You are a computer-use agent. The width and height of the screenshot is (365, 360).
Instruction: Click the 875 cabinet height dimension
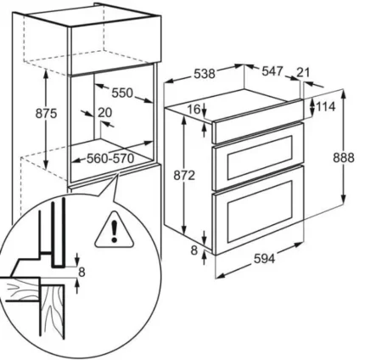point(46,114)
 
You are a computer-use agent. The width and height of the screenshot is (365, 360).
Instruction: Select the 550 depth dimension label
point(122,93)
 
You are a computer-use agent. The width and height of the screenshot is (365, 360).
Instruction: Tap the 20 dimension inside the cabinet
point(104,112)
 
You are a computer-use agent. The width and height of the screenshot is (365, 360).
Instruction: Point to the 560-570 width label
point(110,159)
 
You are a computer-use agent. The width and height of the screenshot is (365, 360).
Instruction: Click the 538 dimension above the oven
point(205,74)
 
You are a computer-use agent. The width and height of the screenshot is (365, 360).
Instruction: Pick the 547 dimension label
point(272,71)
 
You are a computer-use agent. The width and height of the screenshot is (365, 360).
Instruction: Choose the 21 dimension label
point(303,72)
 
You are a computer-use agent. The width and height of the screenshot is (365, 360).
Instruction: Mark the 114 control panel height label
point(325,107)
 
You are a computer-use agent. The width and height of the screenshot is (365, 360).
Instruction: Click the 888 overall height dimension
point(344,157)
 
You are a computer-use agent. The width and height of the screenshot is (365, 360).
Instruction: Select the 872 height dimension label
point(184,176)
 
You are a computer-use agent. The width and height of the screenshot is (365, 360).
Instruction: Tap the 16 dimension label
point(194,109)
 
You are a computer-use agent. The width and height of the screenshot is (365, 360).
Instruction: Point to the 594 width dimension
point(264,258)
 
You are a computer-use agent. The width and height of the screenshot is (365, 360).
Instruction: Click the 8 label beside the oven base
point(194,250)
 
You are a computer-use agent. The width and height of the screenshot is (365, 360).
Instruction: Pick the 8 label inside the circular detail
point(81,273)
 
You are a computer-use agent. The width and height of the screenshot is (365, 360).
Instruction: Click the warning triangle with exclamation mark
point(115,230)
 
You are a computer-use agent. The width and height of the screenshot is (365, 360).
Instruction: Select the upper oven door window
point(260,158)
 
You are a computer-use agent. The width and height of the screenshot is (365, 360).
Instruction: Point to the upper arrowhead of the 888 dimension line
point(344,93)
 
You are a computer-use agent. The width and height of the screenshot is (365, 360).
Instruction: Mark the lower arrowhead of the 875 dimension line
point(46,166)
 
